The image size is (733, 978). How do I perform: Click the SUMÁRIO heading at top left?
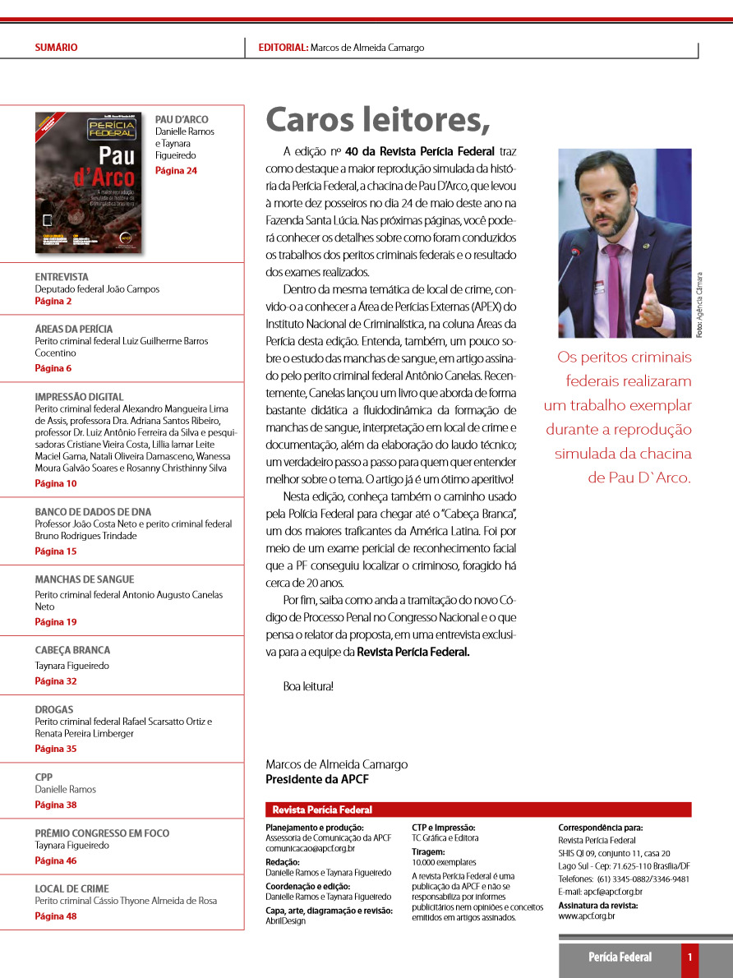click(x=56, y=48)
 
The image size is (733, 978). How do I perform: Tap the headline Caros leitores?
click(x=377, y=120)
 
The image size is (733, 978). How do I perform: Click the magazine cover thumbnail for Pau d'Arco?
click(x=89, y=182)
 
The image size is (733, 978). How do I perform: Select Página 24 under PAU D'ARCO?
click(x=176, y=171)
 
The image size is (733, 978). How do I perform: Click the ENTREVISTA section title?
click(x=62, y=277)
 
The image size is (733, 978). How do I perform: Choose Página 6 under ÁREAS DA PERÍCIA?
click(x=53, y=368)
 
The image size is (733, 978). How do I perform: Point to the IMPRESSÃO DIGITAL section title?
click(x=79, y=397)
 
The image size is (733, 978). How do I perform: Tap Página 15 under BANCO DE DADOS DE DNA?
click(x=56, y=551)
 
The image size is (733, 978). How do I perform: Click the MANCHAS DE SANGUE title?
click(x=84, y=579)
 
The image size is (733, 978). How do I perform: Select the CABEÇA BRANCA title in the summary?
click(x=72, y=650)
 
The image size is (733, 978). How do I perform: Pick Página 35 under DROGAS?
click(x=56, y=749)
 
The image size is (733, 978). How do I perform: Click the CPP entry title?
click(x=44, y=777)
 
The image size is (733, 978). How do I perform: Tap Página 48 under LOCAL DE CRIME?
click(x=56, y=916)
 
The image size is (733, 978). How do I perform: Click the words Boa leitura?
click(x=308, y=686)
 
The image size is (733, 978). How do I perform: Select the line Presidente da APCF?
click(x=317, y=779)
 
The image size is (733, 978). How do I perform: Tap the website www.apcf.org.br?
click(x=586, y=916)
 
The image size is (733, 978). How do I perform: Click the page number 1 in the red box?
click(x=690, y=957)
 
